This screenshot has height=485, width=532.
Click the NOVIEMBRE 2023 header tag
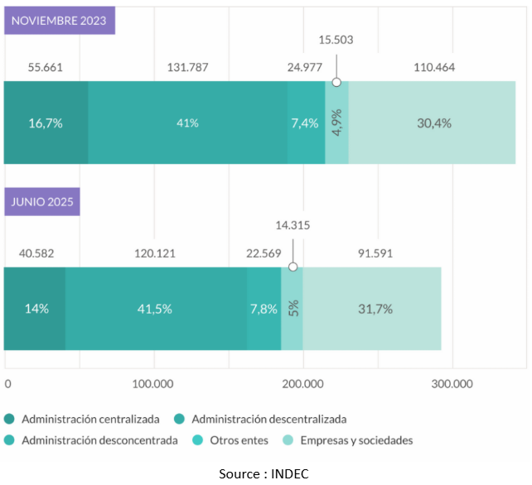(60, 21)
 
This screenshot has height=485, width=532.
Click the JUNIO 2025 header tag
(42, 202)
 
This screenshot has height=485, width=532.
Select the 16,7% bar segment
(46, 123)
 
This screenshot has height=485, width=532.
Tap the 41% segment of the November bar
(187, 123)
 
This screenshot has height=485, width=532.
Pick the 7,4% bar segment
(306, 123)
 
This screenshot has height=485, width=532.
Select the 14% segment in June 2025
(36, 309)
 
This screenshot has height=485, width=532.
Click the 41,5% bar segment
(156, 309)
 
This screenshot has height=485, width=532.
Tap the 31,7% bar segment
(371, 309)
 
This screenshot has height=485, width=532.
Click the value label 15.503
(336, 40)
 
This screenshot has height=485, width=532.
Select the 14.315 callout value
(293, 225)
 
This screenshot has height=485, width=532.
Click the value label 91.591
(372, 253)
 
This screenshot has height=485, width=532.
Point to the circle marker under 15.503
(336, 82)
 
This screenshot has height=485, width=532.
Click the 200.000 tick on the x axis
(303, 384)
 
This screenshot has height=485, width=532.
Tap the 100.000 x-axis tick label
(153, 384)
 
